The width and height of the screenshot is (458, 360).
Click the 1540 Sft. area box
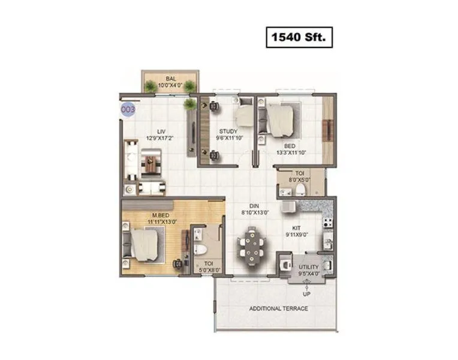click(299, 38)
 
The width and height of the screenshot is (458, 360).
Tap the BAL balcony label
click(171, 79)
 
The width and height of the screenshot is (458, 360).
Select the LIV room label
click(161, 131)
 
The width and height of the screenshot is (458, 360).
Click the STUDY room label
click(228, 131)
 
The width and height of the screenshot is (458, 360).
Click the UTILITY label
click(309, 267)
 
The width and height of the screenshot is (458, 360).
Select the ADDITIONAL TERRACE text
click(279, 308)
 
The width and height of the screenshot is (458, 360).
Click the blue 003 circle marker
click(128, 110)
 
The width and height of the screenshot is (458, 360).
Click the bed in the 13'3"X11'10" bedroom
click(278, 119)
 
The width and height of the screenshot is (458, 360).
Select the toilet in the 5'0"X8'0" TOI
click(202, 248)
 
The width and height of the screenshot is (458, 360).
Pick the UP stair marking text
click(306, 294)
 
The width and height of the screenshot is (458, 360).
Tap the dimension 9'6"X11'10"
click(228, 139)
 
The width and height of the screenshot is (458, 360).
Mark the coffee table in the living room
click(150, 162)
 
